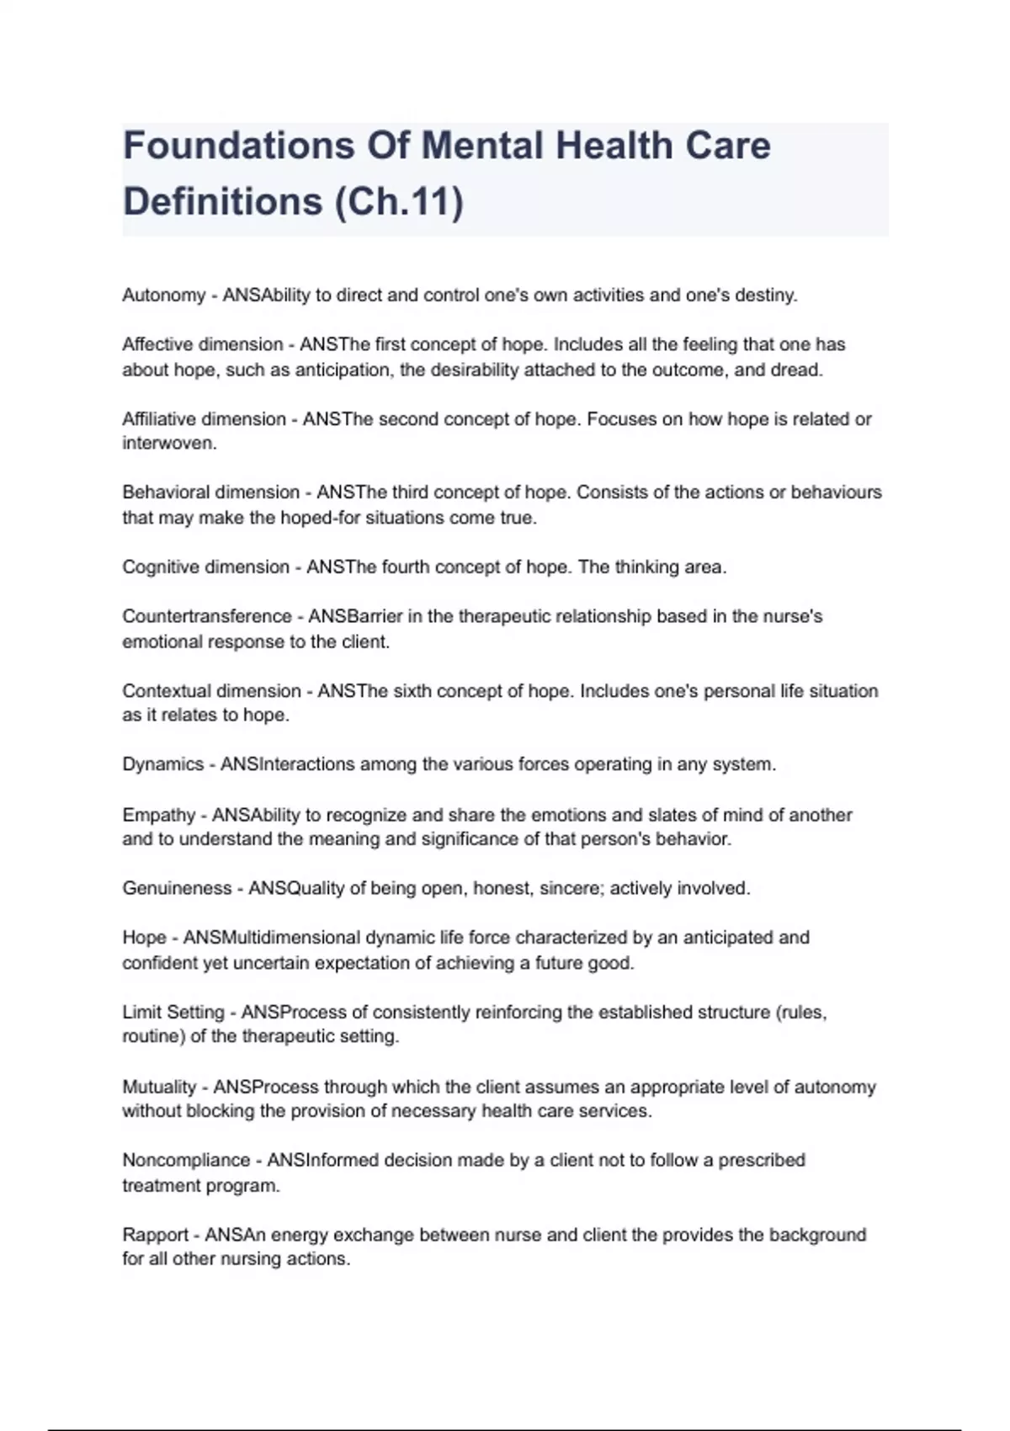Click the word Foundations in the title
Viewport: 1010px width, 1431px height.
238,146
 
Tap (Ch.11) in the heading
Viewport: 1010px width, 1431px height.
399,202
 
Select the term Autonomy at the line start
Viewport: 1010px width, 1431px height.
164,295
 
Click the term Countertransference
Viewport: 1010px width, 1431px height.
207,616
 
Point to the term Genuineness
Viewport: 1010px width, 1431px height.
177,888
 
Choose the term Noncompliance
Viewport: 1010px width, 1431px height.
186,1160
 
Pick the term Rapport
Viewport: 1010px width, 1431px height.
155,1235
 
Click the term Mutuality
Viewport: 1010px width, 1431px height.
159,1087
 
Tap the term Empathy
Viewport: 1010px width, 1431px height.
158,815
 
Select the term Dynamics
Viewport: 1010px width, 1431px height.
163,764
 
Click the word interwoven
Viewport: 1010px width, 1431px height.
169,444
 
